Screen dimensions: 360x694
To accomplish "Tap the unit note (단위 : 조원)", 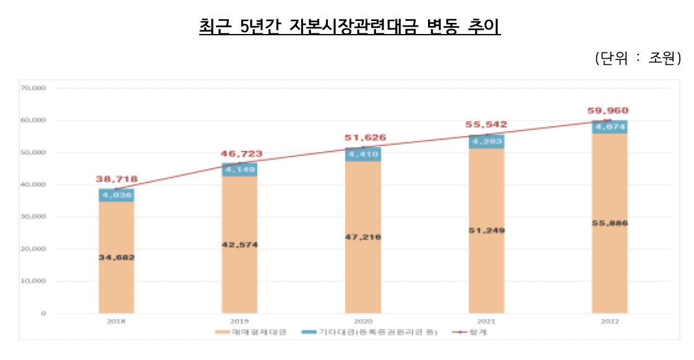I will [637, 58].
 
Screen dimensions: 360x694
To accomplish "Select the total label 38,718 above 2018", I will [116, 179].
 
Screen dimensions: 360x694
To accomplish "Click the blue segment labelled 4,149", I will [240, 169].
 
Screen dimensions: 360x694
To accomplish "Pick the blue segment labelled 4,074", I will [610, 127].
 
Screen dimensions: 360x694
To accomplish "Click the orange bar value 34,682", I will [116, 257].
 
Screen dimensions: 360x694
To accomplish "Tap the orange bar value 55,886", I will [610, 223].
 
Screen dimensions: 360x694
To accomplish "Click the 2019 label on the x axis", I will [239, 322].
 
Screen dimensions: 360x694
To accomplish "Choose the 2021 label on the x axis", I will [486, 322].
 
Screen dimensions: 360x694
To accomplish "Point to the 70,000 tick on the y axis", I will [34, 88].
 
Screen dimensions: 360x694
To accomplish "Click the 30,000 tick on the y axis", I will [34, 217].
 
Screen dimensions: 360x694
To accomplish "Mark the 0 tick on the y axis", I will [43, 314].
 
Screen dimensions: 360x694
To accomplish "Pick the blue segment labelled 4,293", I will [487, 142].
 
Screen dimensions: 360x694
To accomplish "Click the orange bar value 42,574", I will [240, 245].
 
